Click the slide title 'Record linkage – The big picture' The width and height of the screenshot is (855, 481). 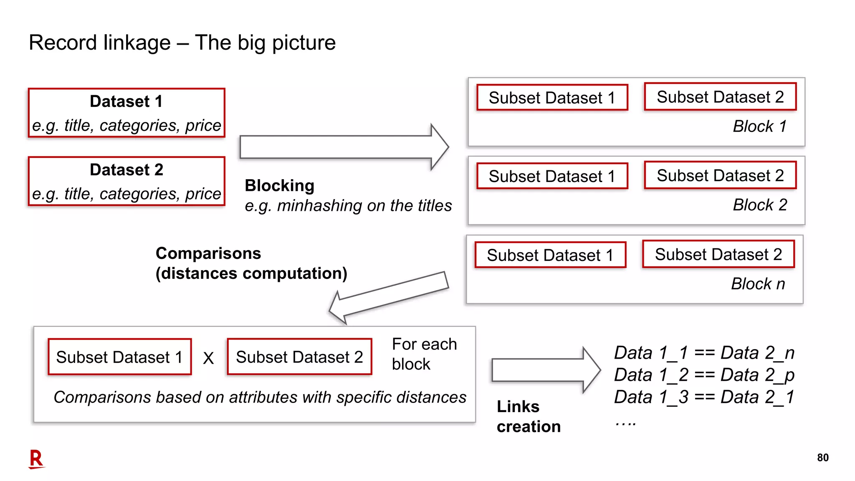coord(182,43)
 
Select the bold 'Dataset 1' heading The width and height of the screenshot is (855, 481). coord(126,101)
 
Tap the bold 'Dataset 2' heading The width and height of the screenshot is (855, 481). coord(126,170)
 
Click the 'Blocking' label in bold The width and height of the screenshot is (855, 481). coord(279,185)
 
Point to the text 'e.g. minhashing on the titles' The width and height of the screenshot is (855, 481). coord(348,206)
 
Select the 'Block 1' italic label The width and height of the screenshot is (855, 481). coord(759,127)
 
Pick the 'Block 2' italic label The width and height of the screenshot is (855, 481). coord(759,205)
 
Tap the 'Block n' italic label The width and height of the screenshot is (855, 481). coord(758,284)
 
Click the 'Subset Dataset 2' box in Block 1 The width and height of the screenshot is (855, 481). coord(720,97)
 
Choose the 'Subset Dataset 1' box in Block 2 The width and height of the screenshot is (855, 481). coord(552,176)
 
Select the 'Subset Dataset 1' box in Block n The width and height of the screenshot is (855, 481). coord(550,255)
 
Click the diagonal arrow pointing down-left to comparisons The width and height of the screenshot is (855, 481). coord(388,297)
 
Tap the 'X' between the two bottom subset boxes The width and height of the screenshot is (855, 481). coord(208,358)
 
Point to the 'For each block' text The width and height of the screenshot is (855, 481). coord(424,354)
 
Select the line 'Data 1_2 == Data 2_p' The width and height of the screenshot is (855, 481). coord(704,375)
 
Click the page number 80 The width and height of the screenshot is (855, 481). coord(822,458)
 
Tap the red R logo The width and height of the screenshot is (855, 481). coord(36,459)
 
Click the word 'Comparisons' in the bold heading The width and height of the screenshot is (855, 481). coord(208,253)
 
